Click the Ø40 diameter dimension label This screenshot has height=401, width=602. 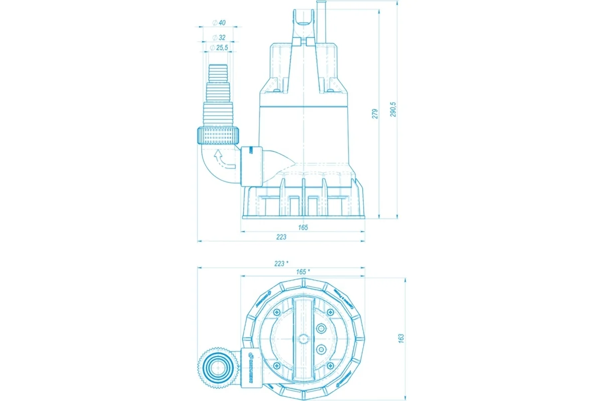219,23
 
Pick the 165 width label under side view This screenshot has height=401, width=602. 302,228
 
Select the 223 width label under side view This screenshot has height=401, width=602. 281,237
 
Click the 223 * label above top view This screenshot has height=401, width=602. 282,263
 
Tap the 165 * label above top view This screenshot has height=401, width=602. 302,272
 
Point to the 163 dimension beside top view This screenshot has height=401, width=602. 401,339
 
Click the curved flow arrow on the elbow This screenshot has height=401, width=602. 223,159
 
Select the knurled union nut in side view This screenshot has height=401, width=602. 218,135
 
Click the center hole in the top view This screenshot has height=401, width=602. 303,339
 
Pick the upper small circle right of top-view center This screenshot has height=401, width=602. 322,329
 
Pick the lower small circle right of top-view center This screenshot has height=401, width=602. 322,349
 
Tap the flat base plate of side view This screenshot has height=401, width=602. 303,217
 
